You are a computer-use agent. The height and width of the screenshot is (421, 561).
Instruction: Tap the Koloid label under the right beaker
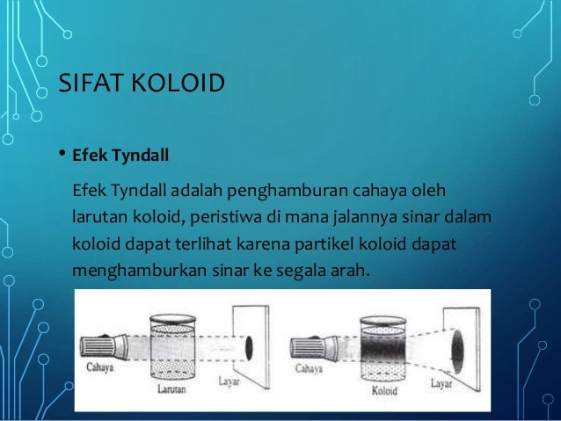click(x=384, y=385)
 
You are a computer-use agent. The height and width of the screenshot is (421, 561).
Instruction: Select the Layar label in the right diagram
click(x=443, y=382)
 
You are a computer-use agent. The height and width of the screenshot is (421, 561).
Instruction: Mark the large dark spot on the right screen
click(x=463, y=338)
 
